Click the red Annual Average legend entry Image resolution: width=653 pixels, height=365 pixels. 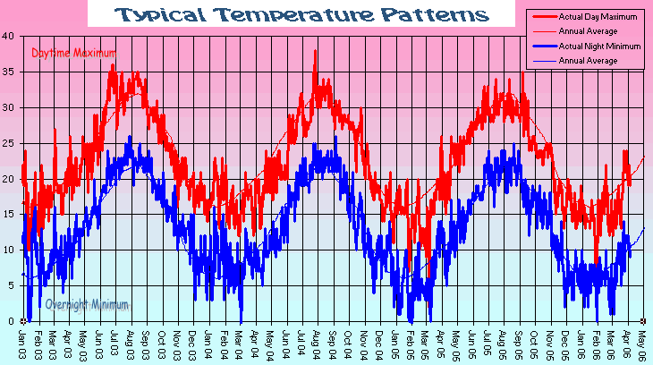click(x=589, y=31)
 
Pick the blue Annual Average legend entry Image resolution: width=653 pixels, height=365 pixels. click(x=589, y=60)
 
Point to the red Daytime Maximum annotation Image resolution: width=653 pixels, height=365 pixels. click(x=73, y=54)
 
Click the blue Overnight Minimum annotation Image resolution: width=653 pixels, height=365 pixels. click(x=86, y=304)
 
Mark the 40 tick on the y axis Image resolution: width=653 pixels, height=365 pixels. click(x=8, y=36)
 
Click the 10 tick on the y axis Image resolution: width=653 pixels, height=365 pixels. click(x=8, y=250)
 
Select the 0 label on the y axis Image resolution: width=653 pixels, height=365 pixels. click(x=11, y=322)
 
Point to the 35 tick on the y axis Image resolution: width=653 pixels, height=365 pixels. click(x=8, y=72)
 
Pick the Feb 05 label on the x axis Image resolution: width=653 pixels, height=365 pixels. click(x=411, y=344)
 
